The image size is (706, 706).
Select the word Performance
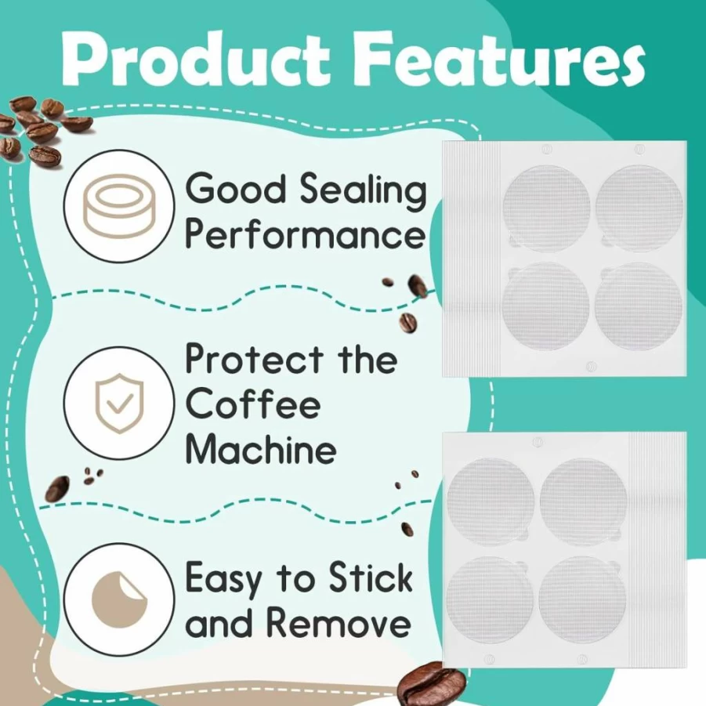(x=305, y=235)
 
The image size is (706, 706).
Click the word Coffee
(x=253, y=404)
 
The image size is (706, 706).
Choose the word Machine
(x=261, y=448)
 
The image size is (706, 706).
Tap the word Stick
(x=371, y=577)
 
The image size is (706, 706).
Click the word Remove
(x=338, y=622)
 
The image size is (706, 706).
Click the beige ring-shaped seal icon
(x=119, y=205)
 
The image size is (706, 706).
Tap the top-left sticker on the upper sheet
(x=546, y=208)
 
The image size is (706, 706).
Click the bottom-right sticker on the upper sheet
(x=639, y=306)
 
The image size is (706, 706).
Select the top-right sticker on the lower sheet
(x=583, y=501)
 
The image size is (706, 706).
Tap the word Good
(x=236, y=189)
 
